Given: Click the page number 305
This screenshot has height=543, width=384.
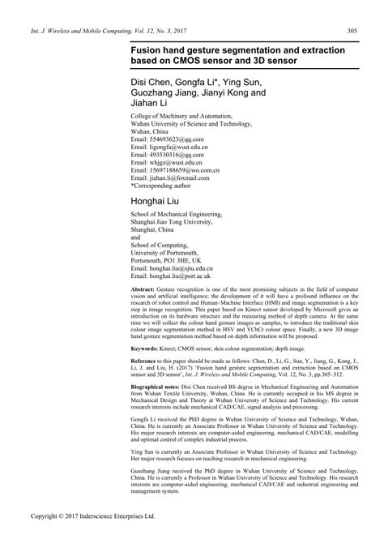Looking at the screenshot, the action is (x=353, y=32).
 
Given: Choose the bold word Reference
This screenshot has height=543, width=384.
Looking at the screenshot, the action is (x=147, y=360).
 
